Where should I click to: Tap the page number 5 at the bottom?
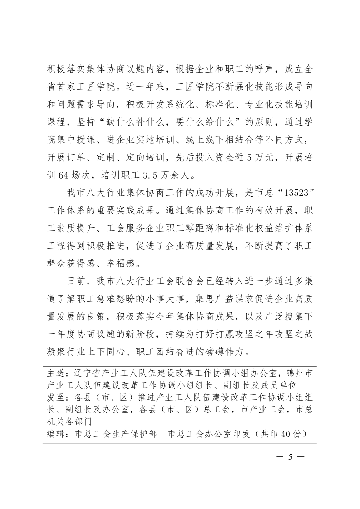pyautogui.click(x=290, y=456)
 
